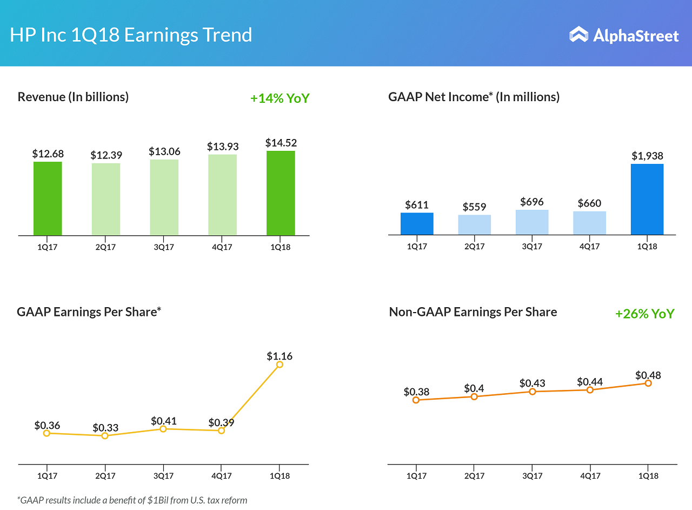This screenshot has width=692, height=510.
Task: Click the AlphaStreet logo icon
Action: tap(578, 35)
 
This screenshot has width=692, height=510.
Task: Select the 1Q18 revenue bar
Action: tap(281, 193)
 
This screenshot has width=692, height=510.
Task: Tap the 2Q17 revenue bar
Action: tap(106, 199)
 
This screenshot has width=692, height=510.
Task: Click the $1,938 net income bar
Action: tap(647, 199)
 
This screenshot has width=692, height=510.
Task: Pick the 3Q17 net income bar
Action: tap(532, 222)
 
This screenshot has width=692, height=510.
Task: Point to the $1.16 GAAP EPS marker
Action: tap(280, 365)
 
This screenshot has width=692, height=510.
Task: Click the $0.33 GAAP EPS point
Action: tap(105, 435)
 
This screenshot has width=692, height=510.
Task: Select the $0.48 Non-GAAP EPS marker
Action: tap(648, 383)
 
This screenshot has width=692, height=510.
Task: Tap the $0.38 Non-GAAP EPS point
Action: tap(416, 400)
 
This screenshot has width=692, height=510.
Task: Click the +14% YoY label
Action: tap(280, 98)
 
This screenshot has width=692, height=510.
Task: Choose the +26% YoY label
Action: tap(644, 314)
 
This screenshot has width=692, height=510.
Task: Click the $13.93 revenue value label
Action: tap(223, 147)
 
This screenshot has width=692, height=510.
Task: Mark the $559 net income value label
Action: tap(475, 207)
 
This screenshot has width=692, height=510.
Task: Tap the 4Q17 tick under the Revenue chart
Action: tap(222, 247)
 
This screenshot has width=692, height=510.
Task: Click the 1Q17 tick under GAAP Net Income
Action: tap(417, 246)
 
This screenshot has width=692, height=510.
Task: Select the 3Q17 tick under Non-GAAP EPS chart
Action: tap(532, 476)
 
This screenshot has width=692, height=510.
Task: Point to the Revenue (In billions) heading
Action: tap(73, 97)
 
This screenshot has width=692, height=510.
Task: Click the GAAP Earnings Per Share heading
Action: tap(89, 312)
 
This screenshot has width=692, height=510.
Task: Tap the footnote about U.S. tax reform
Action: tap(132, 500)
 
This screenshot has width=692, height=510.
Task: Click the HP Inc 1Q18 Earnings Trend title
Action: tap(131, 35)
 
